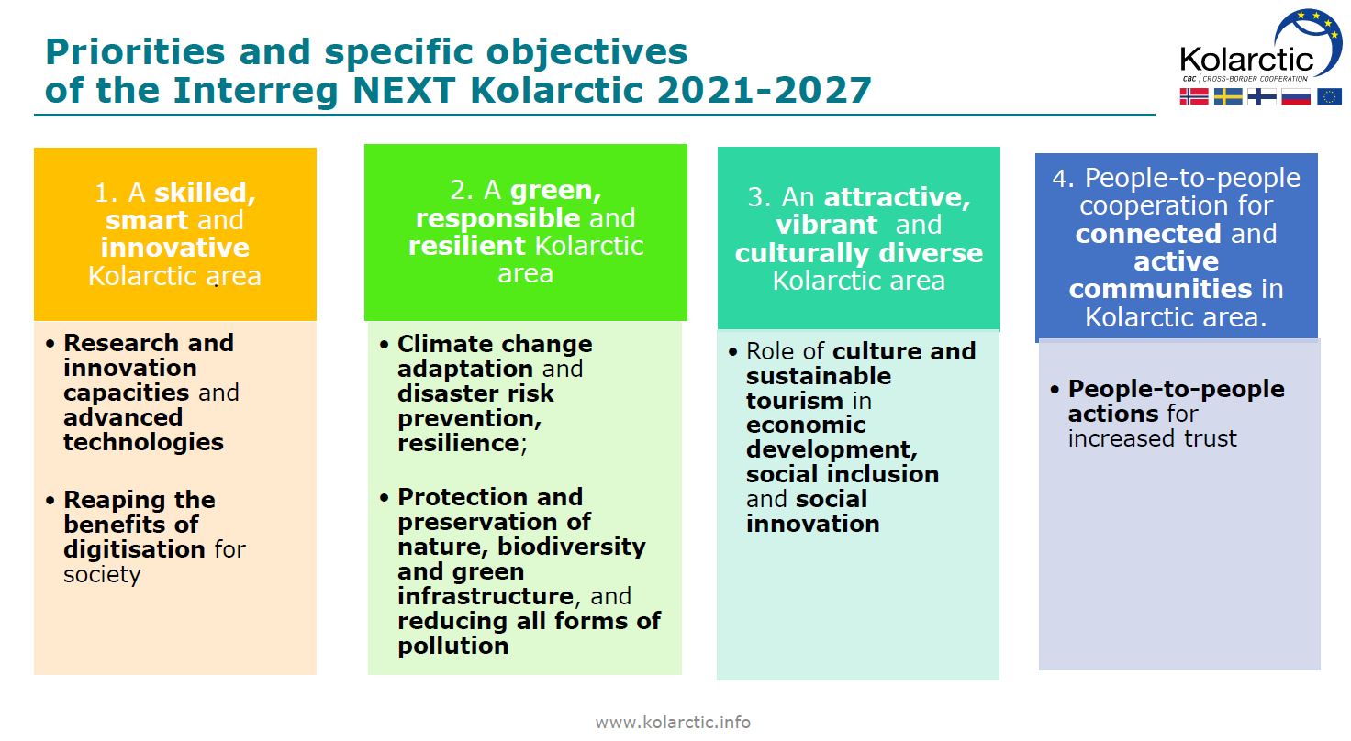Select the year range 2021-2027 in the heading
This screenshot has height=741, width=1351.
click(x=764, y=91)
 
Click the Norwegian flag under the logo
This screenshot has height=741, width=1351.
click(x=1194, y=96)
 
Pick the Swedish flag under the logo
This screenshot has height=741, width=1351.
click(x=1228, y=96)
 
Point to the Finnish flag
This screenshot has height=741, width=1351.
click(x=1262, y=96)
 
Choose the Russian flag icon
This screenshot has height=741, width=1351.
click(x=1296, y=96)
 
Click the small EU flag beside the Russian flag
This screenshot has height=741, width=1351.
click(x=1329, y=96)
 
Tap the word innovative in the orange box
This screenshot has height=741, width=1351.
click(x=175, y=248)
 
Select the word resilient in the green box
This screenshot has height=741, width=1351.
click(x=467, y=246)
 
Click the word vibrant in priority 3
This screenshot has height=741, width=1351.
click(x=826, y=226)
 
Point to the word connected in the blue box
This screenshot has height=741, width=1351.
click(x=1148, y=234)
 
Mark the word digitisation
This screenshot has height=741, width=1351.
click(x=135, y=549)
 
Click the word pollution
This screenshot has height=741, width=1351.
click(x=453, y=646)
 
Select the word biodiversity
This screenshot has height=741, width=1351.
click(x=572, y=547)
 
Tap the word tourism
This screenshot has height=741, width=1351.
click(x=794, y=401)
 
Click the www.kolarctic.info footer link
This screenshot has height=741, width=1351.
click(x=673, y=722)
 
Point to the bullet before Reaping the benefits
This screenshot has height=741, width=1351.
click(x=50, y=500)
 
